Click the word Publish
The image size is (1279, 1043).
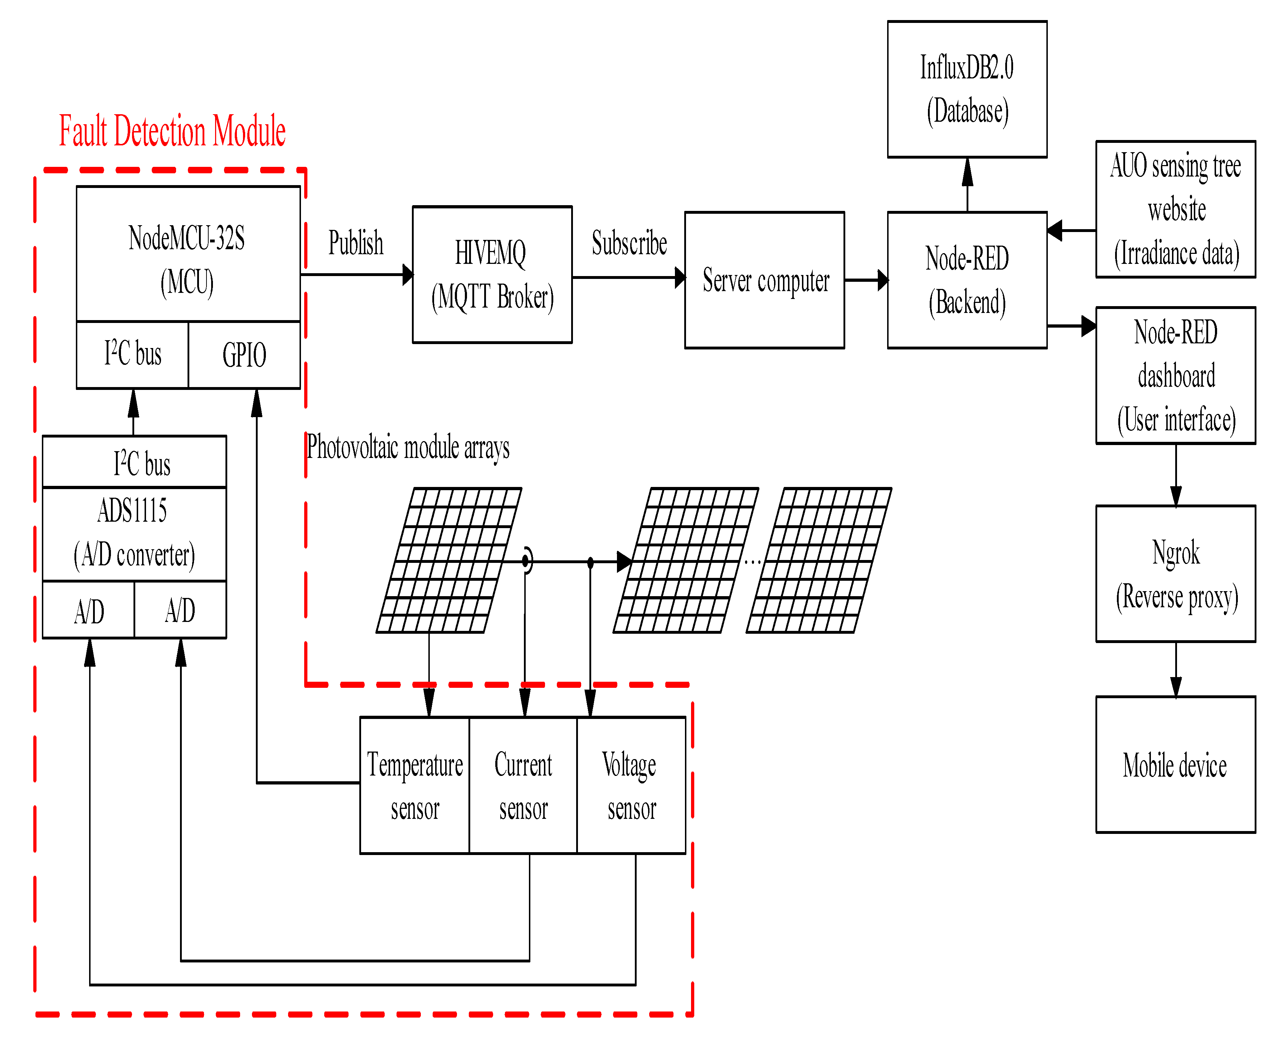tap(355, 243)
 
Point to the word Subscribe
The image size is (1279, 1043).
tap(629, 243)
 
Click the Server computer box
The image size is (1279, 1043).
tap(764, 280)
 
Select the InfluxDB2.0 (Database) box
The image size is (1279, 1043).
tap(967, 89)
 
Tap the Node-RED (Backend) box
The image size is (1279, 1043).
tap(967, 280)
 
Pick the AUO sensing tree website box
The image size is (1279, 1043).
tap(1175, 209)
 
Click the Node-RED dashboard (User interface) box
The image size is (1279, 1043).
tap(1175, 376)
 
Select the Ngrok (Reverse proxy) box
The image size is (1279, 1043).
tap(1175, 574)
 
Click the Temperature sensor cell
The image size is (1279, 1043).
tap(414, 785)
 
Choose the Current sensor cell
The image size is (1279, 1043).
tap(523, 785)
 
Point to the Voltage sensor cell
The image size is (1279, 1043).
tap(631, 785)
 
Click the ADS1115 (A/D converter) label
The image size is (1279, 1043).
tap(134, 533)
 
